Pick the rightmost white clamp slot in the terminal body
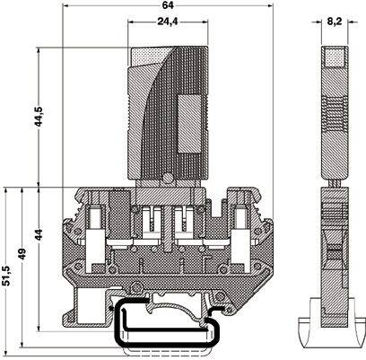(x=240, y=217)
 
